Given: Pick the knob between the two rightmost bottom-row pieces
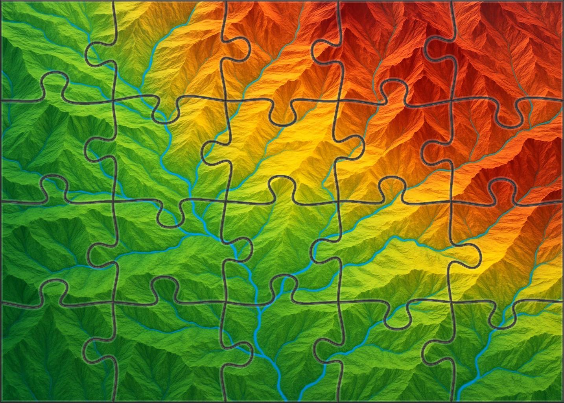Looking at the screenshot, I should pyautogui.click(x=435, y=350).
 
